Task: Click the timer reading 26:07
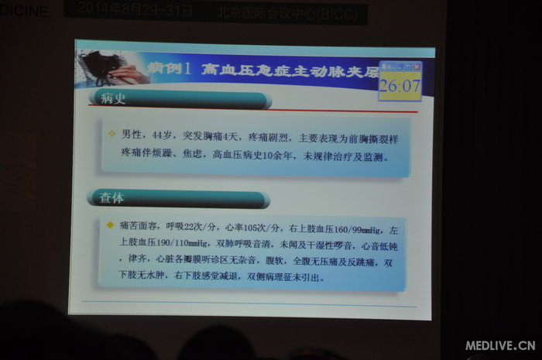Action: [399, 85]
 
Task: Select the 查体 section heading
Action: [111, 198]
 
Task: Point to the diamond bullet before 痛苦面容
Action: [110, 225]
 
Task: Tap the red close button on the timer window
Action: [417, 67]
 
